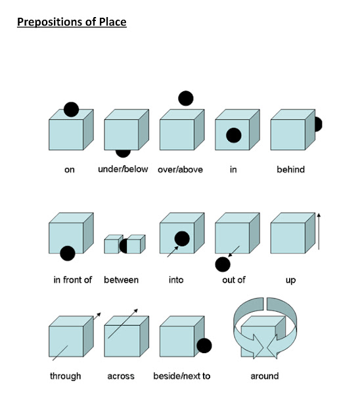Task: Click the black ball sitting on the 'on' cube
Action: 72,110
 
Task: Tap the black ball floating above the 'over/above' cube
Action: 186,98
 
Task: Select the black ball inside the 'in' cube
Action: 234,135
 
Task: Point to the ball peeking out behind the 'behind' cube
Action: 318,124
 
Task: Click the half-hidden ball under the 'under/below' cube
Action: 123,154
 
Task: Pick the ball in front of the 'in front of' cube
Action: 68,253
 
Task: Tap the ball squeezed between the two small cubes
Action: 124,246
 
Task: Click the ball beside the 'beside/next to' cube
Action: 204,346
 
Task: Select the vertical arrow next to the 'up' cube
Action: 319,232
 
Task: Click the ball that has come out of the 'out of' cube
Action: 223,264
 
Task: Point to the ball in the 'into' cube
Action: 182,239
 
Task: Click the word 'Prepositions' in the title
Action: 50,22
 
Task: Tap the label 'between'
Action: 121,280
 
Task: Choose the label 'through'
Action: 66,376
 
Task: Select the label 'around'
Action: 265,376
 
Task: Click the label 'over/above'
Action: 180,169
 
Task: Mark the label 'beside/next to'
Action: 182,376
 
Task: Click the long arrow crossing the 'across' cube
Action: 123,324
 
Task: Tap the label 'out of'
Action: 234,280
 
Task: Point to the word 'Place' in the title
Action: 113,22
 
